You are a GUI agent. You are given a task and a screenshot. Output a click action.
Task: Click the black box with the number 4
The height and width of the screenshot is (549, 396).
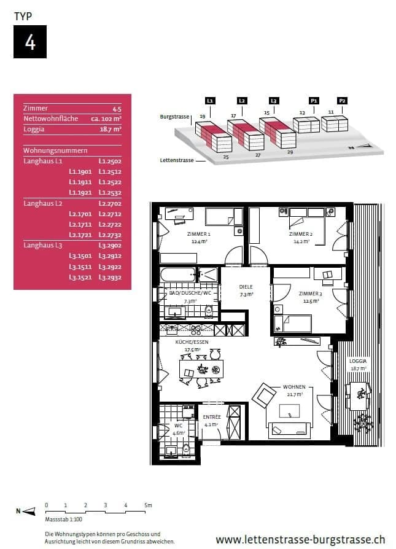[x=30, y=42]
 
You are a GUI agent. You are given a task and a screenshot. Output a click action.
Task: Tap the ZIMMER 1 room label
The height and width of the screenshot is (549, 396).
[x=199, y=235]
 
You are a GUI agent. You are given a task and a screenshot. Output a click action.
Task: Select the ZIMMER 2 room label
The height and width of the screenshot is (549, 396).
[x=301, y=235]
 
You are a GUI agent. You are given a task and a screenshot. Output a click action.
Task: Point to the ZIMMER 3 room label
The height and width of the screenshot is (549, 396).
[x=310, y=294]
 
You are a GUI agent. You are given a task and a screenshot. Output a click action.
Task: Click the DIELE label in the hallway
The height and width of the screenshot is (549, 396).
[x=246, y=287]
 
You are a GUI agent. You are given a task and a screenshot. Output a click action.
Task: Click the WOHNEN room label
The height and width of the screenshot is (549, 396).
[x=294, y=387]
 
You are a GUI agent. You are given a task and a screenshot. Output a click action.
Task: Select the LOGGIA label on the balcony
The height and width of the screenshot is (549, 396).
[x=357, y=361]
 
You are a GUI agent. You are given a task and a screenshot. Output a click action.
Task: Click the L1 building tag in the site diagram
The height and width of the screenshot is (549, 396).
[x=210, y=100]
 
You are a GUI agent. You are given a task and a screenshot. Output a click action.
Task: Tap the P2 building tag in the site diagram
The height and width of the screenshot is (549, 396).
[x=342, y=100]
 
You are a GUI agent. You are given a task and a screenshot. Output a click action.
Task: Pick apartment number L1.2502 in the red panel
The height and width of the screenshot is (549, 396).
[x=111, y=161]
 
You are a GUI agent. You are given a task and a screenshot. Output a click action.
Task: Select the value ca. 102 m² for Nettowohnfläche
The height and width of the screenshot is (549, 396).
[x=106, y=119]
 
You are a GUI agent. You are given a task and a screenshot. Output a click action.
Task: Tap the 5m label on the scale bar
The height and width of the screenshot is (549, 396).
[x=148, y=505]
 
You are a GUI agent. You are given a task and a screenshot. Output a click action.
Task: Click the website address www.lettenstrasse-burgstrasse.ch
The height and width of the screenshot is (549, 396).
[x=300, y=540]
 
